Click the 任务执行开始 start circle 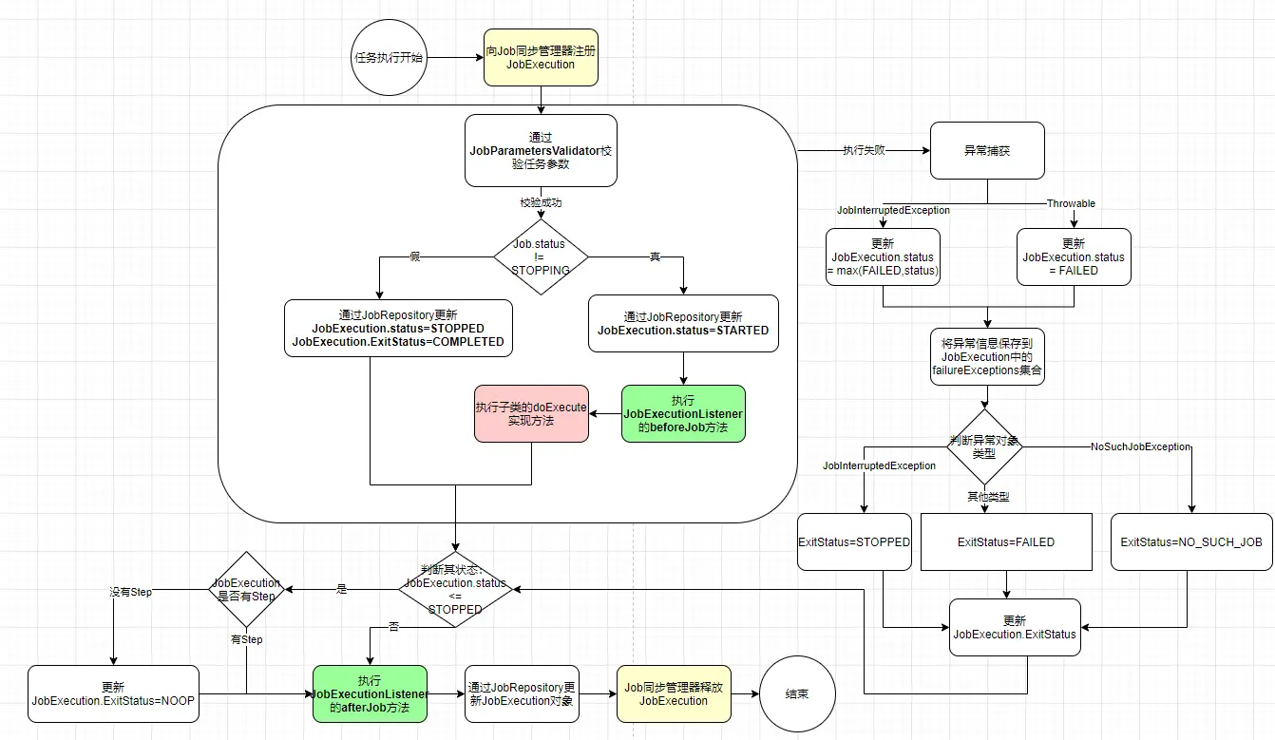pos(389,58)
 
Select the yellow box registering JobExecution pos(541,58)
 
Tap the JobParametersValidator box pos(541,150)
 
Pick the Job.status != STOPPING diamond pos(541,256)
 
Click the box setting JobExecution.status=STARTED pos(683,323)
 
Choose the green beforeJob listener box pos(683,414)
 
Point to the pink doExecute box pos(531,414)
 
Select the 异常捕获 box pos(987,150)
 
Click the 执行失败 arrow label pos(864,150)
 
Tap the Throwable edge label pos(1071,203)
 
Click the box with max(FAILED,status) pos(883,256)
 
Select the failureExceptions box pos(987,357)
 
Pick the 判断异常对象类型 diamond pos(984,446)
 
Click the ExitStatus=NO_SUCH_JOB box pos(1191,541)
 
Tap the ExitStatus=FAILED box pos(1006,541)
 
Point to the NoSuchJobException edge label pos(1140,446)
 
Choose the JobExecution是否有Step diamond pos(246,589)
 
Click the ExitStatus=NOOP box pos(113,693)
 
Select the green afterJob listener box pos(370,693)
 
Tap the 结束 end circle pos(797,693)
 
